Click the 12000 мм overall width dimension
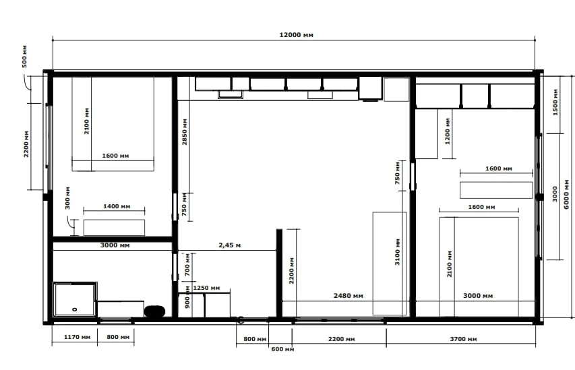297,35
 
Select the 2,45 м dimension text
230,245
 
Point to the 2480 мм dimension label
348,296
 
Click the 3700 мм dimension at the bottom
463,339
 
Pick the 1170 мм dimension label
77,337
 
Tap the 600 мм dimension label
282,349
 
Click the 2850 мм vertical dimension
185,131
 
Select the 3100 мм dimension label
398,252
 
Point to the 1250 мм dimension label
206,288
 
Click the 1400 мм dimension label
117,206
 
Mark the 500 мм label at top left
24,57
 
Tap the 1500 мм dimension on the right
555,102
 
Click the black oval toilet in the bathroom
154,311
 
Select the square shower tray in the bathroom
75,299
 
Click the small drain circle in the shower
74,309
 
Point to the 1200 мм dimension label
448,131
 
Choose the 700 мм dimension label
187,265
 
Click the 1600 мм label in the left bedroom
115,156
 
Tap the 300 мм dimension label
67,198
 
